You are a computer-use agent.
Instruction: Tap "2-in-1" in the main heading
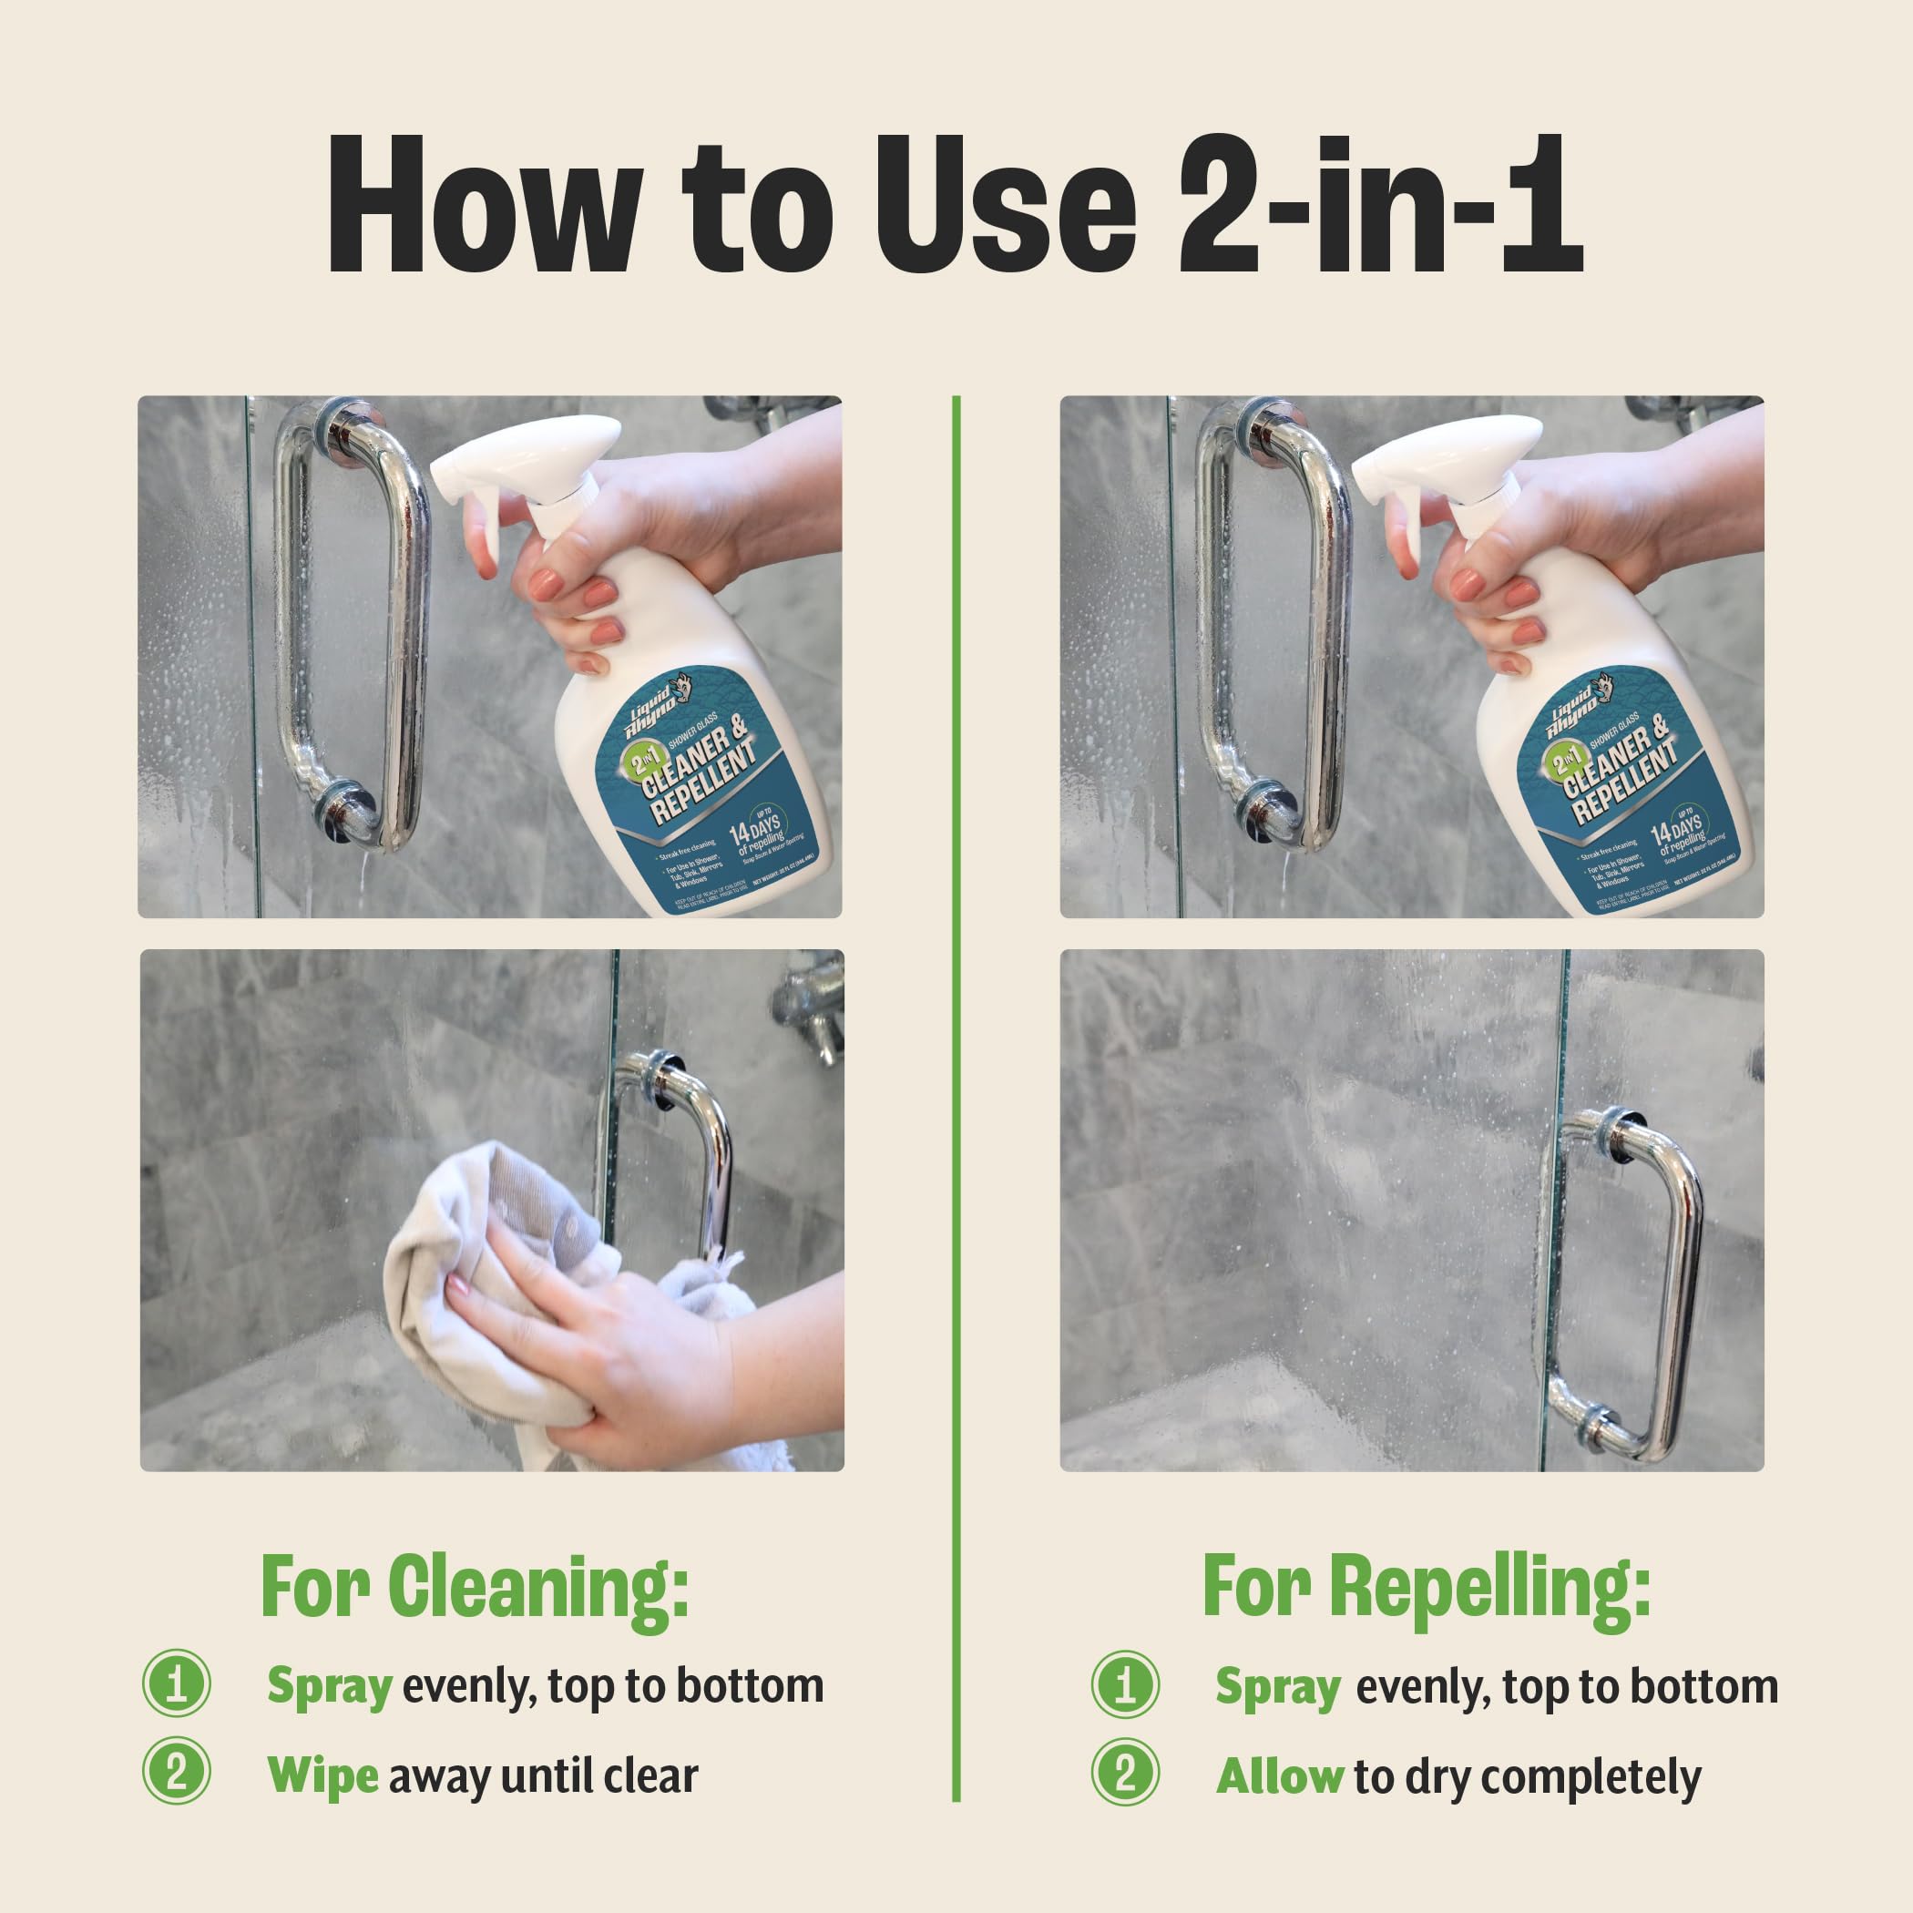coord(1379,205)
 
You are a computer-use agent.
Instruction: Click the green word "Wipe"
coord(322,1775)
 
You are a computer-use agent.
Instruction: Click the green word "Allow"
coord(1278,1776)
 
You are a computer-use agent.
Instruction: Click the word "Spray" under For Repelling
coord(1277,1686)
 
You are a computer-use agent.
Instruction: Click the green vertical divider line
coord(956,1089)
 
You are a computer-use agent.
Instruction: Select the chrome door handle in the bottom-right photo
coord(1683,1287)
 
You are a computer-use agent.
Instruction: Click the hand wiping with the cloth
coord(614,1356)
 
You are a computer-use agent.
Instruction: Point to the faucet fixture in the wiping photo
coord(810,1010)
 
